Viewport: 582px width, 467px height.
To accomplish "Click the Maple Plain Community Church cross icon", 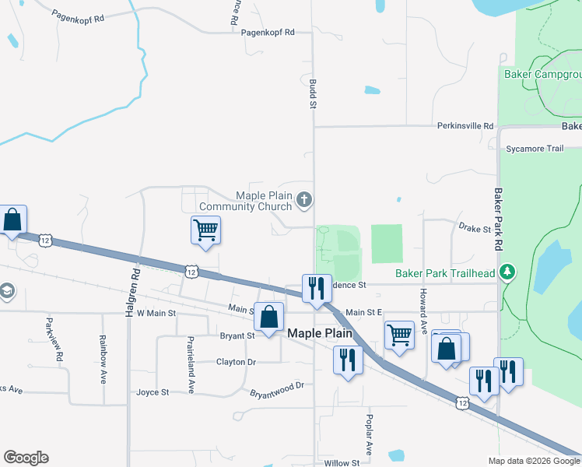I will click(304, 202).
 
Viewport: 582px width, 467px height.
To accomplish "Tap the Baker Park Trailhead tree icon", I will click(508, 272).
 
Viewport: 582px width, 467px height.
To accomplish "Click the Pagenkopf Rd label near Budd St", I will click(268, 33).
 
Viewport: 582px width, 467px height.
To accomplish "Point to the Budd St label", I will click(313, 92).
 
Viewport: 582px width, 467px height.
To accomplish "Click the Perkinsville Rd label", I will click(465, 125).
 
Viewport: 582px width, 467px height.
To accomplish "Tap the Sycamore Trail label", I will click(534, 149).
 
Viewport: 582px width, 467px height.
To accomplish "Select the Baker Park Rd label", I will click(498, 217).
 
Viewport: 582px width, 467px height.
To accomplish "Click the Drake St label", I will click(475, 229).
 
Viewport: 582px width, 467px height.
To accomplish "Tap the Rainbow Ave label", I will click(103, 359).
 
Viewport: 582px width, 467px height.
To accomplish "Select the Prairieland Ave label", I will click(190, 364).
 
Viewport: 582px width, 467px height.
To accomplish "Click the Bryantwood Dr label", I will click(275, 389).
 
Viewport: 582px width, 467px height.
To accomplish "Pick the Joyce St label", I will click(153, 392).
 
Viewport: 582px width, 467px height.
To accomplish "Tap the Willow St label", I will click(341, 463).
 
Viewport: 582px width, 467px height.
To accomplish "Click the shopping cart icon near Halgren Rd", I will click(205, 230).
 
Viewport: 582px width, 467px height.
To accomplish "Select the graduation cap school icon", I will click(6, 291).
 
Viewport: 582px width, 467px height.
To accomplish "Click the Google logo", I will click(26, 458).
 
